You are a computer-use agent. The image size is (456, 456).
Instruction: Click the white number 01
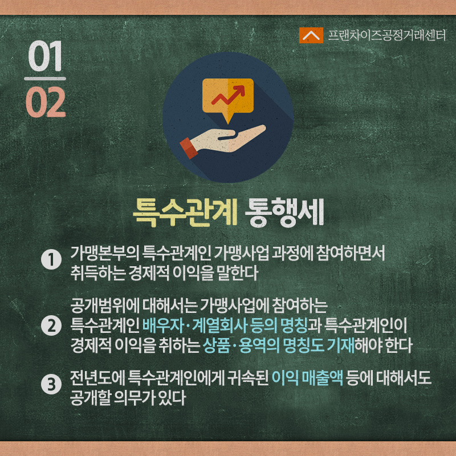pos(46,56)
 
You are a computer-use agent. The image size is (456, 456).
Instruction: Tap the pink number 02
pos(46,102)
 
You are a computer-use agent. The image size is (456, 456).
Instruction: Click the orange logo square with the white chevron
pos(311,35)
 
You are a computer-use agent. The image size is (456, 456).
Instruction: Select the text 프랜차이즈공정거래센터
pos(387,35)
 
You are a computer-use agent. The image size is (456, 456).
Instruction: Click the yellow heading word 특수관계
pos(185,212)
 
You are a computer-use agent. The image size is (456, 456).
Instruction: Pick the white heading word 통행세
pos(284,212)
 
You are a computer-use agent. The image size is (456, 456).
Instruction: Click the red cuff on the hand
pos(189,148)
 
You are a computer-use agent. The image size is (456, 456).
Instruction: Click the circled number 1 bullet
pos(51,259)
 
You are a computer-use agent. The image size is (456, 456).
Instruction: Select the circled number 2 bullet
pos(51,325)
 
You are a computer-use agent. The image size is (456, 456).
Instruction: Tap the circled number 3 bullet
pos(51,384)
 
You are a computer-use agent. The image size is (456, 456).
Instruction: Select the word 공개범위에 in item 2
pos(105,306)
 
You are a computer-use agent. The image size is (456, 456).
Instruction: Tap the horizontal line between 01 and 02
pos(45,79)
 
